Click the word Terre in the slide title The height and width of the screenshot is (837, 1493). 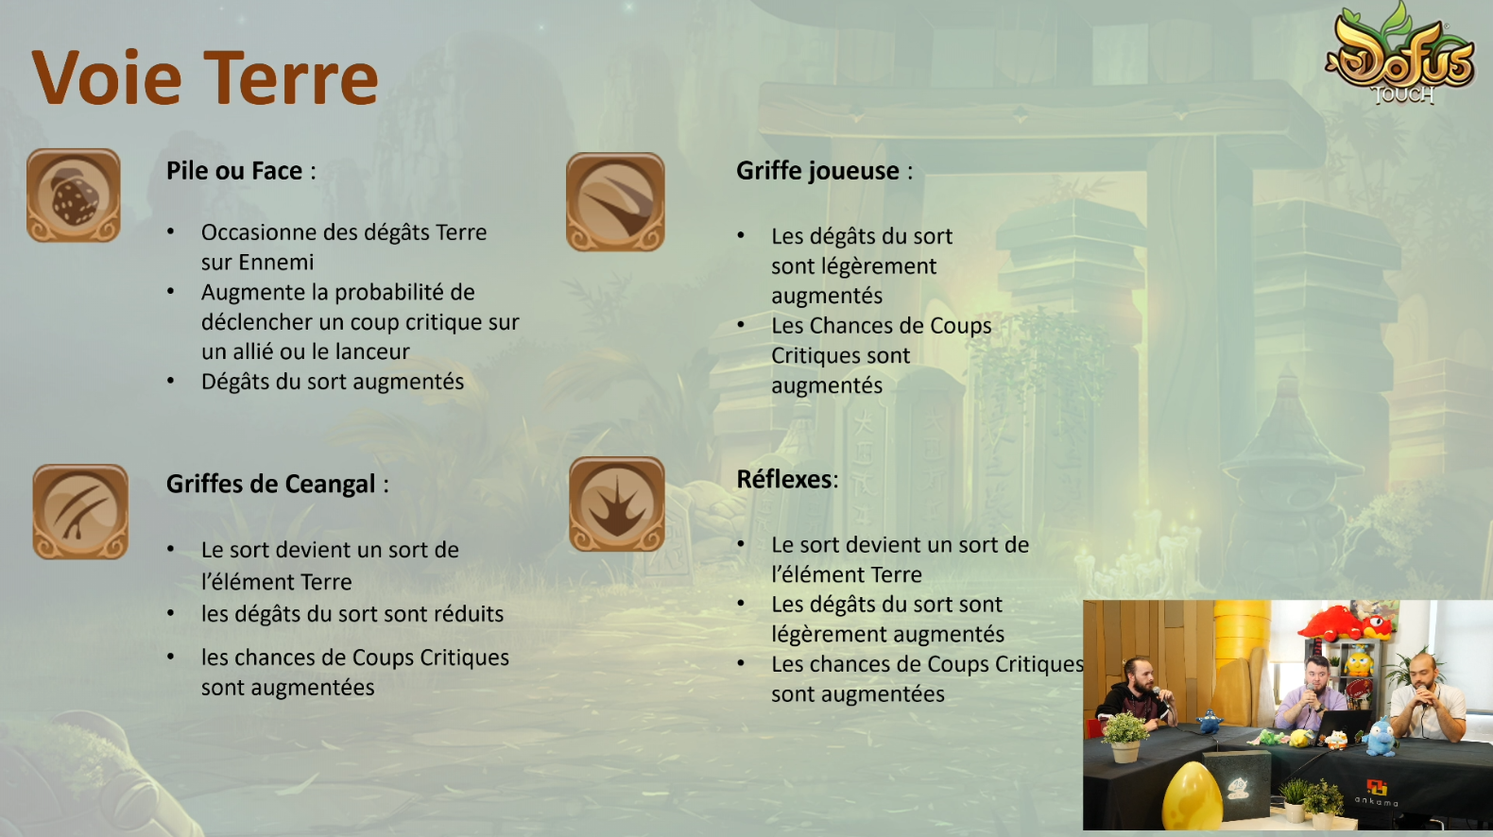click(x=291, y=77)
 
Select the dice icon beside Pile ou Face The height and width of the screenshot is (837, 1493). click(x=74, y=196)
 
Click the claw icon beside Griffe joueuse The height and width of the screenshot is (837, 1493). click(x=615, y=201)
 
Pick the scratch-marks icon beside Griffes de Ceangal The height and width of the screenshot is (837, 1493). click(x=80, y=511)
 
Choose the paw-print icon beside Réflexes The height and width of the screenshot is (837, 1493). click(x=617, y=504)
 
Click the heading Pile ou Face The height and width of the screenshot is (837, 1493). click(x=234, y=171)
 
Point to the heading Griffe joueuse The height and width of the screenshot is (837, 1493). click(x=817, y=171)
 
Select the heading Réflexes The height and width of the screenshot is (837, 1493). click(x=784, y=479)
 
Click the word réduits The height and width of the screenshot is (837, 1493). click(x=469, y=613)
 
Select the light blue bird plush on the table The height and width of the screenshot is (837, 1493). click(x=1380, y=737)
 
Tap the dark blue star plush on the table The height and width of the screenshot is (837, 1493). click(x=1209, y=722)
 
